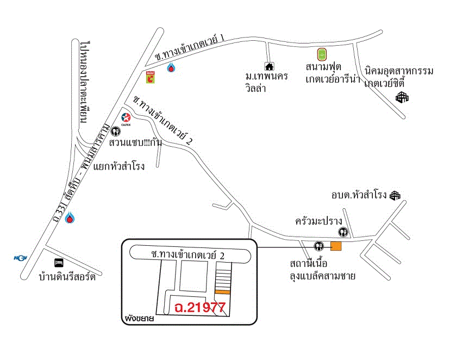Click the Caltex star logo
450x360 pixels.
point(126,117)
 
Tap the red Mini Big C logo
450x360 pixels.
point(152,77)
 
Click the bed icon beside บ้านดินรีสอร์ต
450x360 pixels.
point(59,263)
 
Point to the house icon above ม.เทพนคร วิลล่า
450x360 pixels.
point(269,66)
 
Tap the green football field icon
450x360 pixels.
point(322,54)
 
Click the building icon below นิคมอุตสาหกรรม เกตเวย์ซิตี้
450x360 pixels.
point(402,97)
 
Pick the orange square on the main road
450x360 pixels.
point(336,246)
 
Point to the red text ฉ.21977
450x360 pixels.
point(200,308)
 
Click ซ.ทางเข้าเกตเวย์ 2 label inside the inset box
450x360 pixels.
point(188,255)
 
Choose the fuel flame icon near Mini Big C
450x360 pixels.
point(171,68)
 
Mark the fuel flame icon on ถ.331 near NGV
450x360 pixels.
point(70,218)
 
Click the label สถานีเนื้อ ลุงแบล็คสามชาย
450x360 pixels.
point(323,270)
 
